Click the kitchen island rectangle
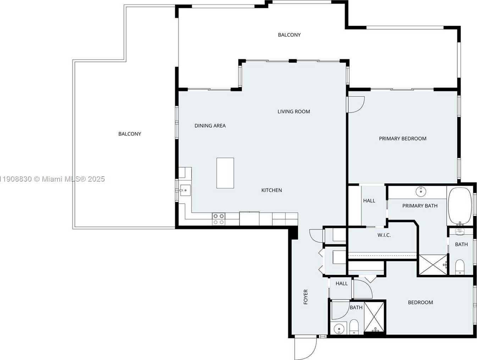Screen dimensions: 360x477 (x=225, y=173)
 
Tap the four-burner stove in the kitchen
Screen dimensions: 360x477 (x=218, y=219)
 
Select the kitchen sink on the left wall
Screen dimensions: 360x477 (x=185, y=190)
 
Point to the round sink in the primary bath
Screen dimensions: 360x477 (x=421, y=192)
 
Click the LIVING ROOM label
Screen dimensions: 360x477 (x=294, y=112)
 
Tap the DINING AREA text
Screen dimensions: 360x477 (x=210, y=126)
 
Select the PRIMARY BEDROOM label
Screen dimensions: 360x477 (x=403, y=138)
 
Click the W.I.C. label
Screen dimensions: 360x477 (x=384, y=235)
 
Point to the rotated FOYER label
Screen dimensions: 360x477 (x=306, y=297)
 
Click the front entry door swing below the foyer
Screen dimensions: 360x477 (x=305, y=348)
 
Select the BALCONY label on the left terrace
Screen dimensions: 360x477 (x=130, y=134)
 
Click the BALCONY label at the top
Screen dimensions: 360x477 (x=289, y=35)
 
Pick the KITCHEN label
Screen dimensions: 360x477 (x=272, y=190)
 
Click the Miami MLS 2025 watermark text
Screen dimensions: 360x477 (x=52, y=179)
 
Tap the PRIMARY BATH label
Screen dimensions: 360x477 (x=420, y=206)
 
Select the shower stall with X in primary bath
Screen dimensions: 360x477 (x=432, y=264)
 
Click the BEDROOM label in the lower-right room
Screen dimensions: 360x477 (x=420, y=302)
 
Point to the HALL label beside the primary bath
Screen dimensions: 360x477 (x=369, y=201)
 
